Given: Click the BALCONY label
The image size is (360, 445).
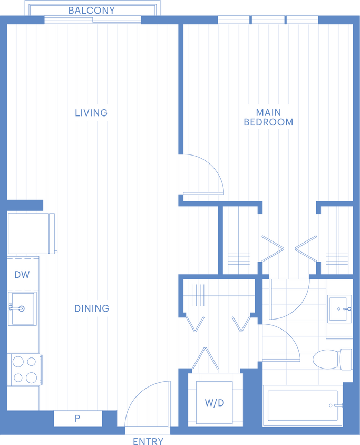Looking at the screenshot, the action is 92,11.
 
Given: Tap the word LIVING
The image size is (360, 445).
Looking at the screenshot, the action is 91,113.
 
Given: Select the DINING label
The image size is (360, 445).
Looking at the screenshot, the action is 92,308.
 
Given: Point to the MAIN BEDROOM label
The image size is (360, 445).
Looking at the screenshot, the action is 268,118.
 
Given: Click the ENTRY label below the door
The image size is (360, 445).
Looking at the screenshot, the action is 148,441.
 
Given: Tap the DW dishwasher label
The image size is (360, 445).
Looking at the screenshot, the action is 22,275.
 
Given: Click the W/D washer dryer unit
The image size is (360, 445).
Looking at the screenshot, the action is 214,403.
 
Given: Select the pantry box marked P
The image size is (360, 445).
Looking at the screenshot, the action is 77,418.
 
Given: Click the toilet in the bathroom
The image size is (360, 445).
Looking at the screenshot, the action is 332,359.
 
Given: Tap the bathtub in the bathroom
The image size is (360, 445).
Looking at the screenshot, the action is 303,405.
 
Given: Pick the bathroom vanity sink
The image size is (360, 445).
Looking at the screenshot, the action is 339,309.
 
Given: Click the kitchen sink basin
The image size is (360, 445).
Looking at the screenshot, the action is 22,308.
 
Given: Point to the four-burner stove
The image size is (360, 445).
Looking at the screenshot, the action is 25,370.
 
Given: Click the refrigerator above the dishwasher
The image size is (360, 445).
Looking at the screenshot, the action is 31,234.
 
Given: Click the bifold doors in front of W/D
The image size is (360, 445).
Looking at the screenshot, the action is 205,358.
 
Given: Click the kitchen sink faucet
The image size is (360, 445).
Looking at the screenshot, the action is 17,308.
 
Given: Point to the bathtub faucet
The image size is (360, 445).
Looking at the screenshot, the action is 337,405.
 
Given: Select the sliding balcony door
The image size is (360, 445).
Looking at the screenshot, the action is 92,20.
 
